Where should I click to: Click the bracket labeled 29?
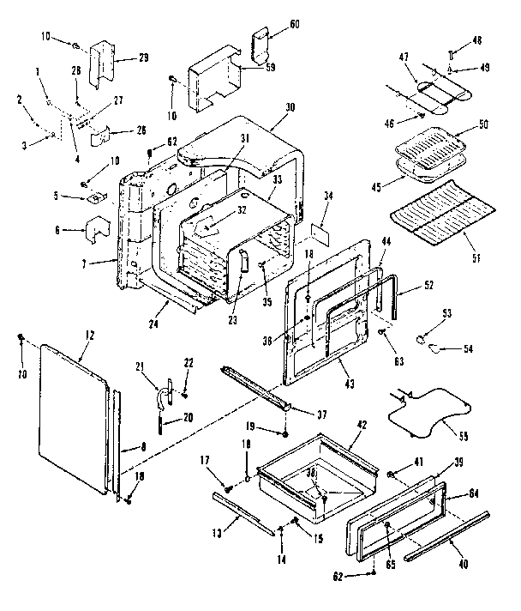point(100,57)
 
